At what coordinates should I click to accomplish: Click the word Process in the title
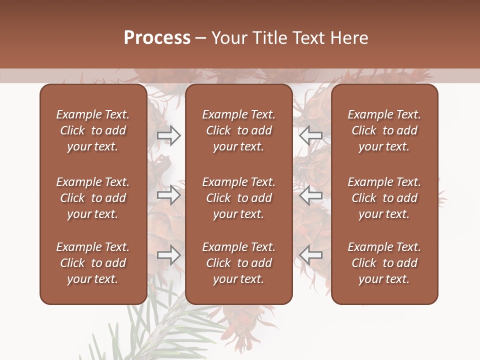click(x=157, y=38)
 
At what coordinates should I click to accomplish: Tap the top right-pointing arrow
click(x=168, y=135)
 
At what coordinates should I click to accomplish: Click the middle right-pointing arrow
click(x=168, y=195)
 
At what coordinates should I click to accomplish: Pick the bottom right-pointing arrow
click(x=168, y=255)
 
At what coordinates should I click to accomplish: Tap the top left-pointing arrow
click(x=310, y=135)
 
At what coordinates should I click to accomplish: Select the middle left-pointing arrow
click(x=310, y=195)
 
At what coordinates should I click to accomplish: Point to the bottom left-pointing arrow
click(x=310, y=255)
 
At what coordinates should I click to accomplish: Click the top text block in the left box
click(x=93, y=130)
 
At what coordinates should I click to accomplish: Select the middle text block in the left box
click(x=93, y=198)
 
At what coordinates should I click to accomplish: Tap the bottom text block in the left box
click(x=93, y=263)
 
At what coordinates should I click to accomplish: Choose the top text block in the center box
click(x=238, y=130)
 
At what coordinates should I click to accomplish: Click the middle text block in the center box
click(x=238, y=198)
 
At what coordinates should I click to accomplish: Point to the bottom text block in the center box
click(x=238, y=263)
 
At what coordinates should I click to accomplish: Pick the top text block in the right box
click(x=384, y=130)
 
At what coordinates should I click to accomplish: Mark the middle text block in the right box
click(x=384, y=198)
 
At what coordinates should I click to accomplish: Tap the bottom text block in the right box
click(x=384, y=263)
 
